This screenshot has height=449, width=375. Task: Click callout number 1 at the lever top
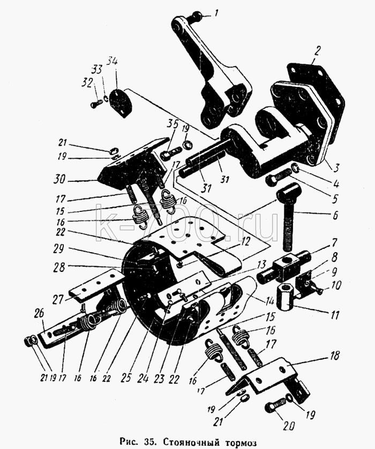(x=216, y=13)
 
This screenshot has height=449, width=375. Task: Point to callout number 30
(x=59, y=180)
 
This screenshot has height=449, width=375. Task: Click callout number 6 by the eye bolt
(x=335, y=215)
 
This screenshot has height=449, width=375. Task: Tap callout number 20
(x=288, y=426)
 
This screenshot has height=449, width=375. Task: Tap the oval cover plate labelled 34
(x=121, y=103)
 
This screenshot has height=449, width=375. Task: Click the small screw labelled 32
(x=96, y=104)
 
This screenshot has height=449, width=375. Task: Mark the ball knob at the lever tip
(x=197, y=15)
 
